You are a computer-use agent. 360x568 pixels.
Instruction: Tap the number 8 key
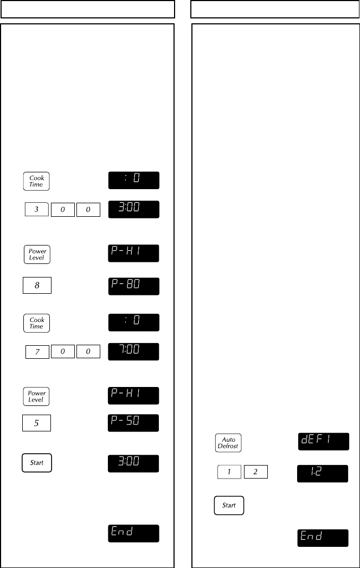37,285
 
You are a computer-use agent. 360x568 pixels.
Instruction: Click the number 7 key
37,352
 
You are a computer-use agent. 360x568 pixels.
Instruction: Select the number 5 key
36,423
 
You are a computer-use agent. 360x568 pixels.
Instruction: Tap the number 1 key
229,472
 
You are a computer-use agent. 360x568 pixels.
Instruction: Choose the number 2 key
255,472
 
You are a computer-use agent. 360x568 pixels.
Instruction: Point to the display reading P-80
134,286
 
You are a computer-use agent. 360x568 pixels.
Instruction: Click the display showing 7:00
134,352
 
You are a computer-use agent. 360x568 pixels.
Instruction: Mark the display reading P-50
134,423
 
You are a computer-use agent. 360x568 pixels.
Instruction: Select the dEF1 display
323,442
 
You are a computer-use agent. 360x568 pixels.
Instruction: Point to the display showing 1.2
323,473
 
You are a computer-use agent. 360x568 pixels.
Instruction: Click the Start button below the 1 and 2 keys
229,505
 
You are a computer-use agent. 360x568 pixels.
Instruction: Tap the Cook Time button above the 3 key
36,181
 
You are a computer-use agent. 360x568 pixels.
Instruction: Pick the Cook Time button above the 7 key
36,324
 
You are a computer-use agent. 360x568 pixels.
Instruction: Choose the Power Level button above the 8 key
37,254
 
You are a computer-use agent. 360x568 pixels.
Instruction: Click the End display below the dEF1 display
323,538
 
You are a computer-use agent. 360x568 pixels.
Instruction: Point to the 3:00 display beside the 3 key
134,209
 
